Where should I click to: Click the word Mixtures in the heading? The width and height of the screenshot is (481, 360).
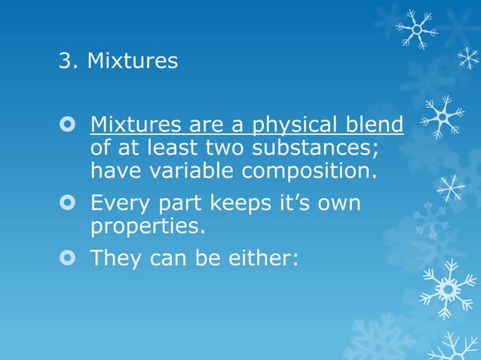tap(133, 61)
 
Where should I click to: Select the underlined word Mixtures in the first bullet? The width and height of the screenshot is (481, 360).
tap(136, 124)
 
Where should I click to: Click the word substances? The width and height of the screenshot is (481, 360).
tap(302, 148)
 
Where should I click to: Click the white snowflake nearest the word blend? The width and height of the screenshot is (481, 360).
tap(442, 117)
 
